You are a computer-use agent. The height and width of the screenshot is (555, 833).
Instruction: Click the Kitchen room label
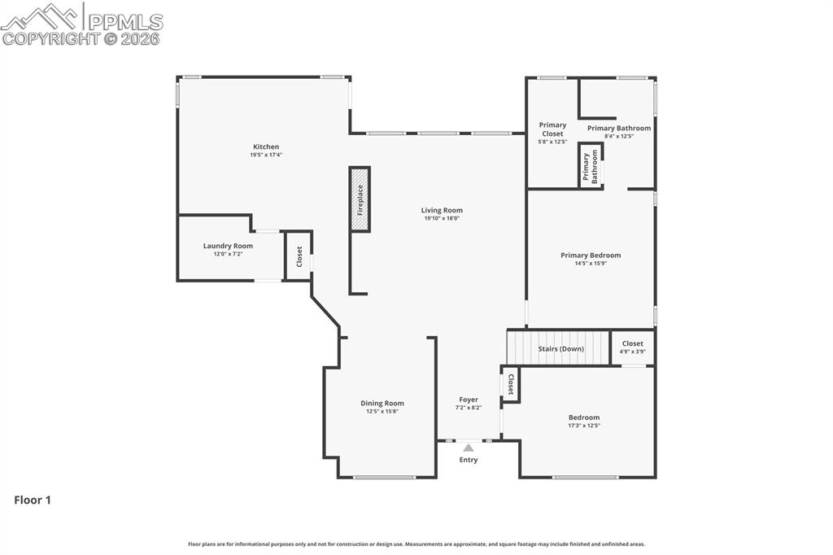pyautogui.click(x=266, y=146)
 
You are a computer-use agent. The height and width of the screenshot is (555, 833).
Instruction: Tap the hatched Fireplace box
pyautogui.click(x=360, y=199)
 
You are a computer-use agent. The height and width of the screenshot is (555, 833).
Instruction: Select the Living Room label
pyautogui.click(x=442, y=210)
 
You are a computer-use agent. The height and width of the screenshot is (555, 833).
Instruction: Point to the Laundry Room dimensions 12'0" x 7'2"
pyautogui.click(x=228, y=254)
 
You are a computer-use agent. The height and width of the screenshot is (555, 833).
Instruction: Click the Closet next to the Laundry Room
pyautogui.click(x=299, y=256)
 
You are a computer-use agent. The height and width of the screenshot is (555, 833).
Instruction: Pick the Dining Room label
pyautogui.click(x=382, y=403)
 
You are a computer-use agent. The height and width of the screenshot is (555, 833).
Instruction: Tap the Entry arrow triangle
pyautogui.click(x=468, y=448)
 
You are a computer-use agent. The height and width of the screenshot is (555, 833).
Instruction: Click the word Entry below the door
pyautogui.click(x=469, y=460)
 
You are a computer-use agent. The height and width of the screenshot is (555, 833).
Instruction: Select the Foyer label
pyautogui.click(x=469, y=400)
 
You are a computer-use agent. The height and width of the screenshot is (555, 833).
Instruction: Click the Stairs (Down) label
pyautogui.click(x=561, y=349)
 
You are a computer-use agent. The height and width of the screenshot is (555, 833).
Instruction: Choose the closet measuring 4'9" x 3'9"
pyautogui.click(x=633, y=347)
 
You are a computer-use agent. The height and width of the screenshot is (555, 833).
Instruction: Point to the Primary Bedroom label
pyautogui.click(x=591, y=256)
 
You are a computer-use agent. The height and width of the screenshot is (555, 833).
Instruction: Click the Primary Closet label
pyautogui.click(x=552, y=129)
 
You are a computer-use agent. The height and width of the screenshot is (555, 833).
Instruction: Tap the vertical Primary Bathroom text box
pyautogui.click(x=591, y=166)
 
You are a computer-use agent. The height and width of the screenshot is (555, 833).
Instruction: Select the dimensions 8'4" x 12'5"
pyautogui.click(x=619, y=136)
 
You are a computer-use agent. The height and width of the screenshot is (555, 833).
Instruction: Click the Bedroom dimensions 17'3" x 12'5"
pyautogui.click(x=584, y=426)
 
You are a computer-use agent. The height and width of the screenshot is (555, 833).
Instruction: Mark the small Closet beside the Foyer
pyautogui.click(x=510, y=384)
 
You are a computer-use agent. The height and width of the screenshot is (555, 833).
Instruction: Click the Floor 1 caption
pyautogui.click(x=33, y=500)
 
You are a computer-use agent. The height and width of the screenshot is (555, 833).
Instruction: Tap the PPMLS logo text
pyautogui.click(x=125, y=22)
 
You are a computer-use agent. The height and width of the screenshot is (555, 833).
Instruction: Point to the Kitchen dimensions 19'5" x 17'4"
pyautogui.click(x=266, y=155)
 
